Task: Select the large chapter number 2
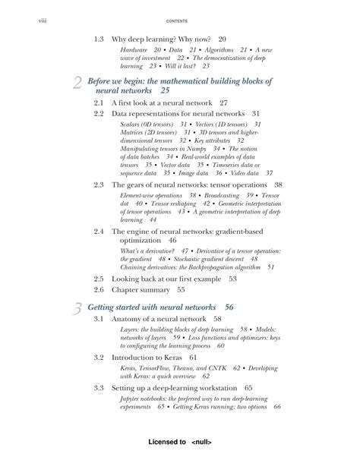(77, 84)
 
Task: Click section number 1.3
(99, 39)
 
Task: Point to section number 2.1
(99, 102)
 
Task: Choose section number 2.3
(99, 184)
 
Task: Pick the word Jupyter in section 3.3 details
(133, 398)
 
